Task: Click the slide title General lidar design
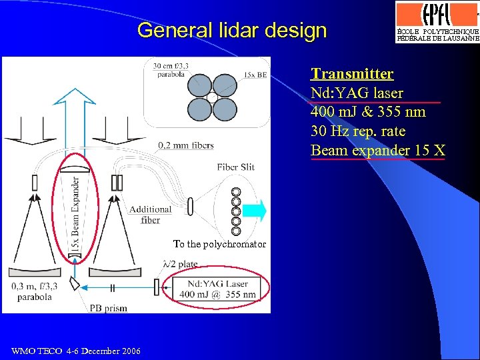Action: click(232, 31)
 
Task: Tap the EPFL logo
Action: click(437, 22)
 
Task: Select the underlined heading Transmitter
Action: click(352, 74)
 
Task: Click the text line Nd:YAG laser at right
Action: click(357, 93)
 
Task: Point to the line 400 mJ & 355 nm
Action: click(368, 112)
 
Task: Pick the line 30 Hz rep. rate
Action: click(358, 131)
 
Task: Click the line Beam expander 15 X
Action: click(377, 151)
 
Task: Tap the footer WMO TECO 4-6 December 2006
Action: click(76, 351)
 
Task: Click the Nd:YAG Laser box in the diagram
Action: click(217, 289)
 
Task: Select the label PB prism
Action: click(108, 308)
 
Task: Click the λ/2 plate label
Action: click(180, 265)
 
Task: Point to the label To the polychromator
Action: click(219, 245)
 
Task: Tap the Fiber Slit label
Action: click(235, 167)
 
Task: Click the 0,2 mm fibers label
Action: click(185, 145)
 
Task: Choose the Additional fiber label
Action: click(150, 214)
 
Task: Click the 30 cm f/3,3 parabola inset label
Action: click(170, 70)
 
